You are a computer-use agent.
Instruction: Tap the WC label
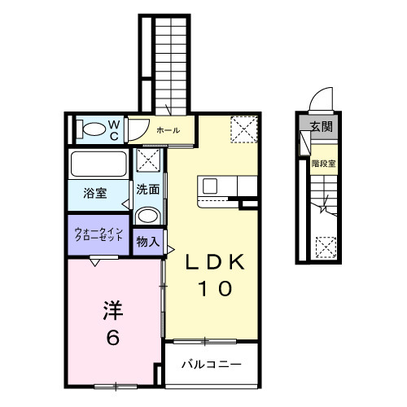tap(115, 129)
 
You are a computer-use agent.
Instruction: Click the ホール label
tap(168, 129)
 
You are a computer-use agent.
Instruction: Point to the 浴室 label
tap(95, 194)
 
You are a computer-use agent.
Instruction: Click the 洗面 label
tap(147, 190)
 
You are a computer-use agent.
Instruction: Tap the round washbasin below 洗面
tap(147, 216)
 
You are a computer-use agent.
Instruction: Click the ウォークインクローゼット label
tap(98, 236)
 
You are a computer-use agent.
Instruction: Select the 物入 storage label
tap(147, 242)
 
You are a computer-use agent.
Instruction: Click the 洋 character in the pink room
tap(113, 309)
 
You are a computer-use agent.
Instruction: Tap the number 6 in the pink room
tap(113, 337)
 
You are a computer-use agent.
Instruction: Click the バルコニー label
tap(211, 365)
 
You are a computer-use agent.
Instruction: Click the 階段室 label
tap(323, 162)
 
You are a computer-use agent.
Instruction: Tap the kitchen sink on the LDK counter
tap(210, 186)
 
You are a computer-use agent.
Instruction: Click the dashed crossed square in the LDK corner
tap(243, 129)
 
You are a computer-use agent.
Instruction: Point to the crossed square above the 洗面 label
tap(148, 160)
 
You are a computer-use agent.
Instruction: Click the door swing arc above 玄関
tap(324, 97)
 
